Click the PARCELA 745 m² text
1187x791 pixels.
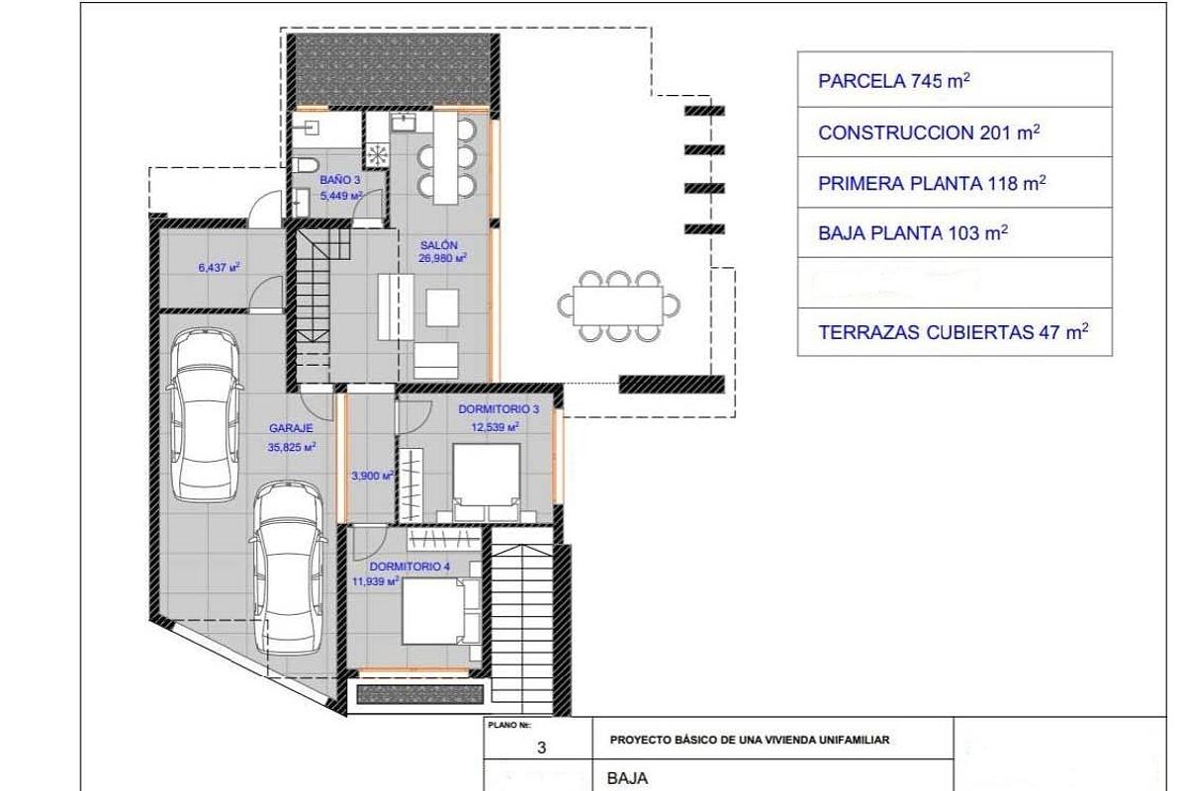893,81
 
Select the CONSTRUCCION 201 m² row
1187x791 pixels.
929,133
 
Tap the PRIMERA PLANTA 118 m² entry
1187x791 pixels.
932,184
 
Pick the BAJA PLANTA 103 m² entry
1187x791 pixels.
913,233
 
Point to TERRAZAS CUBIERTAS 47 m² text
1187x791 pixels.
953,333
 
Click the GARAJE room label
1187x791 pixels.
291,429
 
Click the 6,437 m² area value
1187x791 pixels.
221,267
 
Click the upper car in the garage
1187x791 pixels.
204,415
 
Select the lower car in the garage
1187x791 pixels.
288,572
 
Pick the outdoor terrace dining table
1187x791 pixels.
619,305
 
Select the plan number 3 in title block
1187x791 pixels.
541,748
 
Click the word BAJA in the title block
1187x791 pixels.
627,778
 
